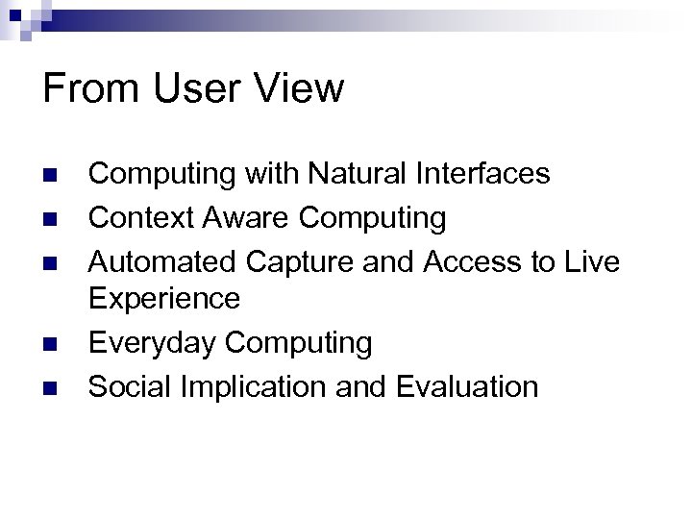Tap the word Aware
click(245, 218)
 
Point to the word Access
click(455, 262)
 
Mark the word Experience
click(164, 299)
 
